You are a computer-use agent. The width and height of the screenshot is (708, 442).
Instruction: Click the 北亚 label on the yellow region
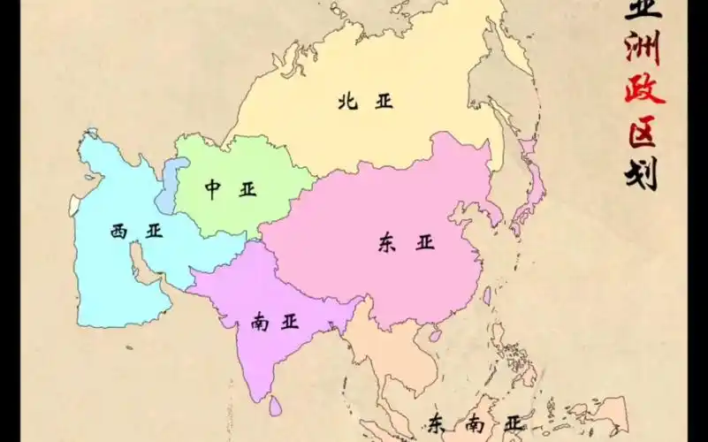[364, 102]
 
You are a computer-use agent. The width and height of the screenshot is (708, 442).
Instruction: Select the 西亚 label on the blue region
[137, 232]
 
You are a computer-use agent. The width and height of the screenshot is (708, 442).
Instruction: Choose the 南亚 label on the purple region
[272, 323]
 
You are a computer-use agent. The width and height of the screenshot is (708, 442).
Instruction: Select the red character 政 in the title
[644, 90]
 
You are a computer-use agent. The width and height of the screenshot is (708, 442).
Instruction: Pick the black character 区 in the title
[643, 133]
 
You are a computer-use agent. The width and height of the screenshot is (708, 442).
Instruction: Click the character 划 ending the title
[643, 172]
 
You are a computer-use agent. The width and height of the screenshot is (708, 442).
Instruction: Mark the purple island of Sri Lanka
[276, 404]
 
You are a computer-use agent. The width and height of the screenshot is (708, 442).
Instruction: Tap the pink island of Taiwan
[486, 296]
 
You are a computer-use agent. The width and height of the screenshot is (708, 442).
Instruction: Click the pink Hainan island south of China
[434, 335]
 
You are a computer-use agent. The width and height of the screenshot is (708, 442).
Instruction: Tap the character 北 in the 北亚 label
[346, 102]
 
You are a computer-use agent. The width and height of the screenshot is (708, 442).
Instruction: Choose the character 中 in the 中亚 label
[212, 190]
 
